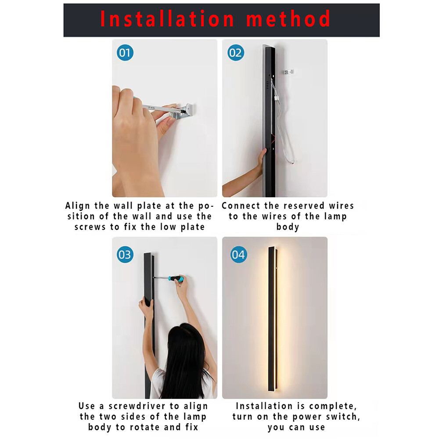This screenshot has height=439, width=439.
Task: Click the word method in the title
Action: tap(288, 19)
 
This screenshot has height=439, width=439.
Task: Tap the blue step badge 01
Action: tap(125, 53)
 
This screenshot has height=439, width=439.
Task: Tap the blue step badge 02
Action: tap(235, 53)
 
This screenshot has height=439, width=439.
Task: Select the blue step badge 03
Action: tap(125, 255)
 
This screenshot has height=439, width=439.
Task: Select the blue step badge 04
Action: tap(239, 255)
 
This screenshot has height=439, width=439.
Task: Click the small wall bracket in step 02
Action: tap(289, 71)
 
